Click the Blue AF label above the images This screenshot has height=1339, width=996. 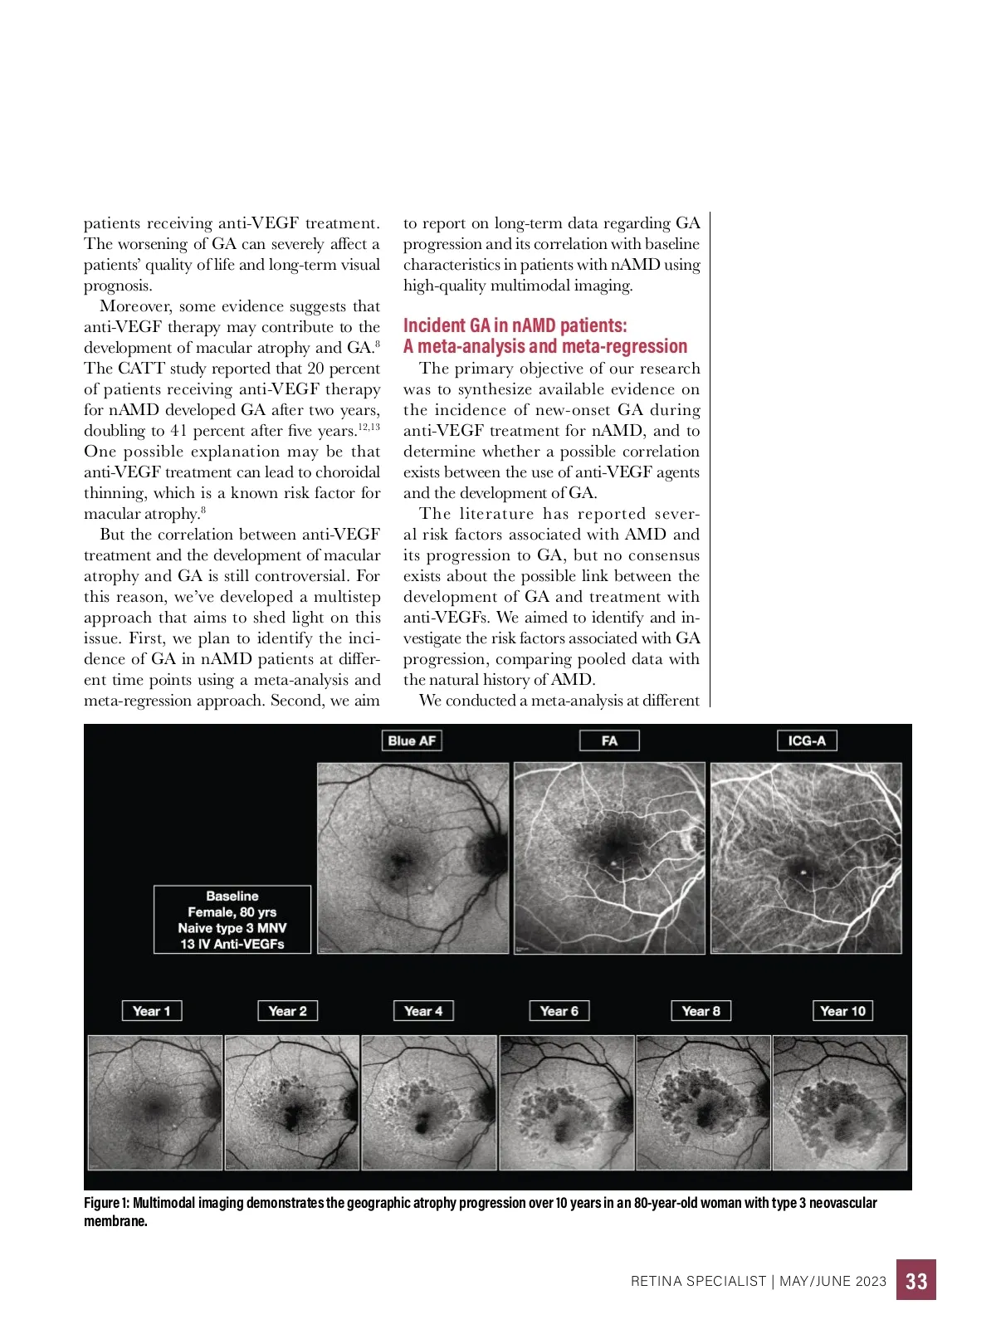412,740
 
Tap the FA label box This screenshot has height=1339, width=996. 609,740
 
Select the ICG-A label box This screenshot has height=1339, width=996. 807,740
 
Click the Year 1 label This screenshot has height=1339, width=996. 151,1011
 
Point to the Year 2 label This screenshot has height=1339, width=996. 287,1011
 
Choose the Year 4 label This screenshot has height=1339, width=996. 423,1011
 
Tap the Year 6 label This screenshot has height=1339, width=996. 559,1011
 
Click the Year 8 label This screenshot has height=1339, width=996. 701,1011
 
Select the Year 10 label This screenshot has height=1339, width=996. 842,1011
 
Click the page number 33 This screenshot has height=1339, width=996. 916,1281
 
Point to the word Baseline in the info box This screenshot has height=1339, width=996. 232,897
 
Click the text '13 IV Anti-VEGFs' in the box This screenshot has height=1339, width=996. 232,944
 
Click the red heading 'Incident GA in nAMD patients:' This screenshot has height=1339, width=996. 515,325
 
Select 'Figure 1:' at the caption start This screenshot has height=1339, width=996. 106,1203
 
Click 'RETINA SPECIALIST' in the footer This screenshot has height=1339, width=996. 698,1281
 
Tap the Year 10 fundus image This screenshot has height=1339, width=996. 840,1102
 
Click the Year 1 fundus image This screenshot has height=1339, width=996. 155,1102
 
